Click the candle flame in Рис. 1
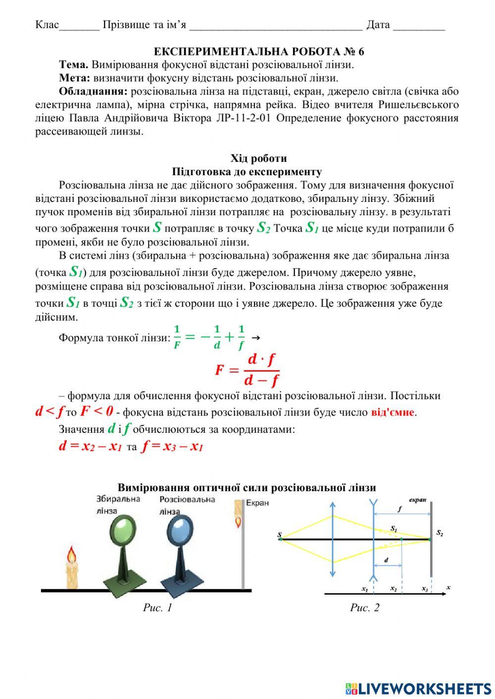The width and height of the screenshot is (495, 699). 72,555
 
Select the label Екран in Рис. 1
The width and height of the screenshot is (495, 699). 257,503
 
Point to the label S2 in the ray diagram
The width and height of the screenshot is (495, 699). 440,533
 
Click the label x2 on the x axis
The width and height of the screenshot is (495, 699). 394,589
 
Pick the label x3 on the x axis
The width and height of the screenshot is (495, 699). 425,589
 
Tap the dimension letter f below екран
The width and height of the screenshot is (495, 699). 399,509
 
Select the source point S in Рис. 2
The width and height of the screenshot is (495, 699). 280,535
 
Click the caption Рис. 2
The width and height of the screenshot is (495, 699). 364,607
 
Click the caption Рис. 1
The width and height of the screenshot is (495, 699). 157,607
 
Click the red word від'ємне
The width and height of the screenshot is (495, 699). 393,412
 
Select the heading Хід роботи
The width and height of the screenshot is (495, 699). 258,158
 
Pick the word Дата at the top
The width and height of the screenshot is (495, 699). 378,25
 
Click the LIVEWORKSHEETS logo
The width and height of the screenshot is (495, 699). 418,688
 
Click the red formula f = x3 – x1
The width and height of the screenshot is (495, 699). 172,446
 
